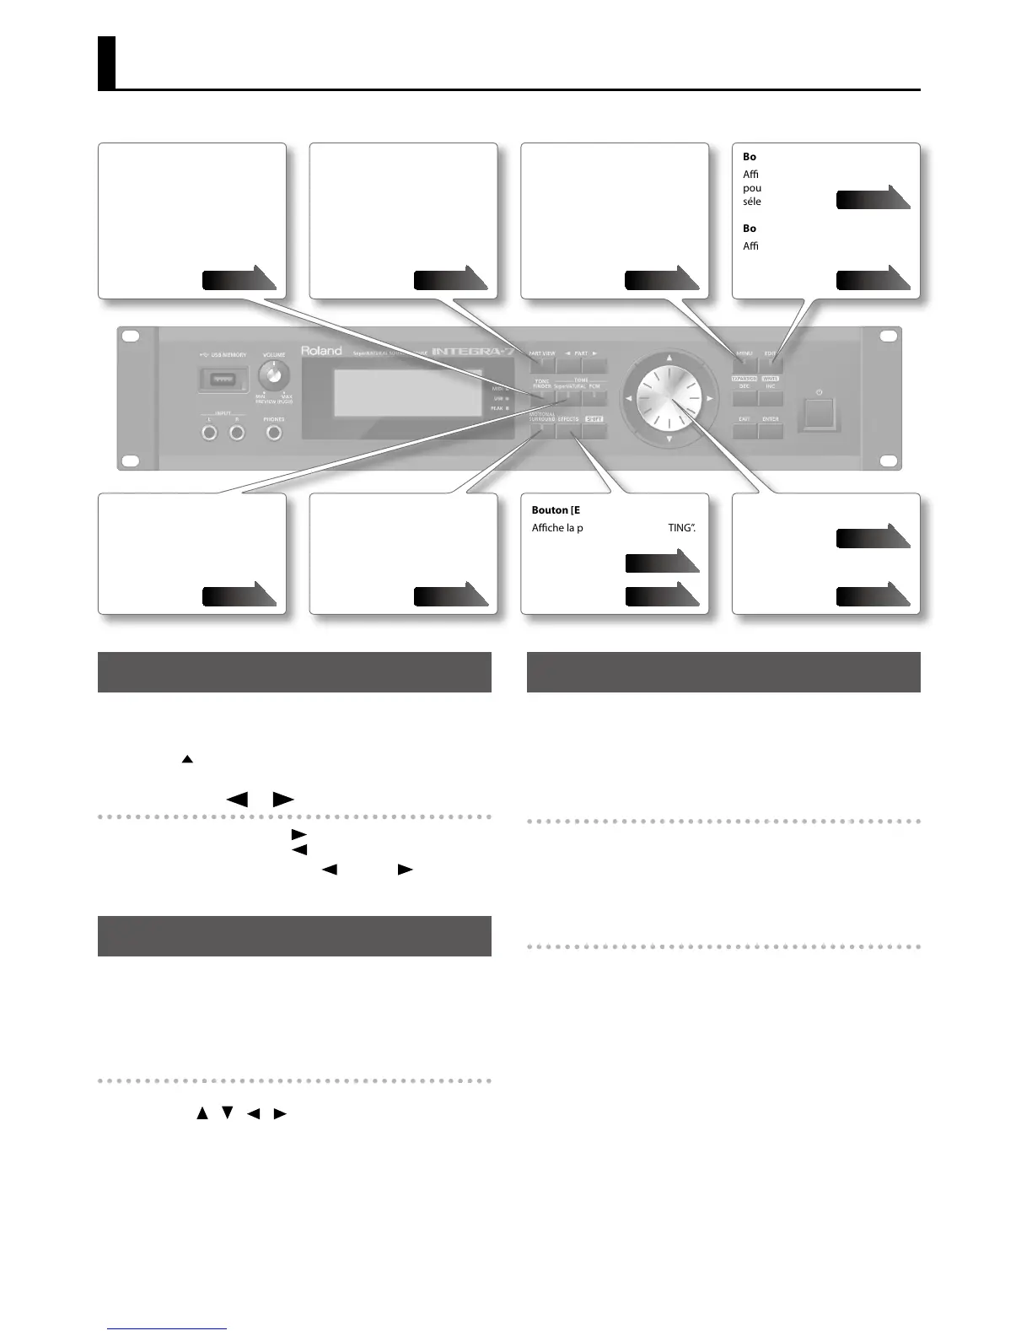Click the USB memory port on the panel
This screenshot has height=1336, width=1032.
[x=223, y=380]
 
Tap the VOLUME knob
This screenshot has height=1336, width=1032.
[x=275, y=374]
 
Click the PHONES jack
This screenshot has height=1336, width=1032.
[x=273, y=434]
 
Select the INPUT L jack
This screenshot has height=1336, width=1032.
[x=210, y=434]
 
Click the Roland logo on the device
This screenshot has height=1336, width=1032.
[x=322, y=351]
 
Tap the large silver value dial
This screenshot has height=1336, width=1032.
[x=669, y=397]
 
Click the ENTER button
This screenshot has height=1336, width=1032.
[x=771, y=431]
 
